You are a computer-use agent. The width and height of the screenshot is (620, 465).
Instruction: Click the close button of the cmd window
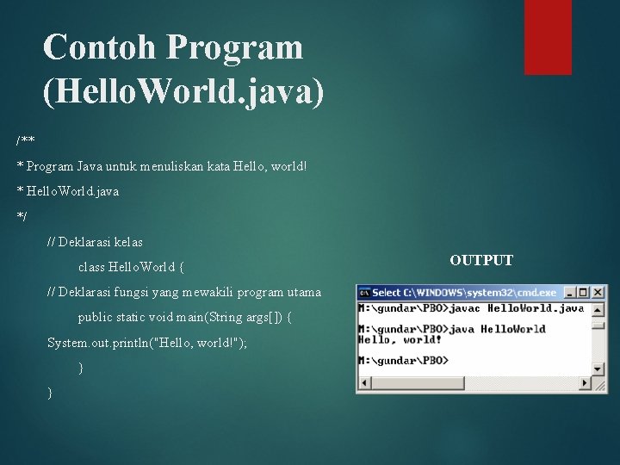(x=598, y=293)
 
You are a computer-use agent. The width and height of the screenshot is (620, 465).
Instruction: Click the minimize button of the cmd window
(x=570, y=293)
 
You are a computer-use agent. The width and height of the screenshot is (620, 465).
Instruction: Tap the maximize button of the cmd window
(x=584, y=293)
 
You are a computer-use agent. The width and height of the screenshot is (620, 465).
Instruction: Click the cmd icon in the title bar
(x=364, y=293)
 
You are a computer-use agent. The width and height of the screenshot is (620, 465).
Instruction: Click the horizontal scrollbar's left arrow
(x=364, y=383)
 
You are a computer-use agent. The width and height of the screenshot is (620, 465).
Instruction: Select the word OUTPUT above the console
(x=481, y=260)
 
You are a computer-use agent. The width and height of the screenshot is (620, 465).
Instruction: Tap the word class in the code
(x=91, y=267)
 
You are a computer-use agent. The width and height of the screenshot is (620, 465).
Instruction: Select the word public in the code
(x=95, y=317)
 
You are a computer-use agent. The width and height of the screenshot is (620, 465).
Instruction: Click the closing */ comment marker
(x=22, y=216)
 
